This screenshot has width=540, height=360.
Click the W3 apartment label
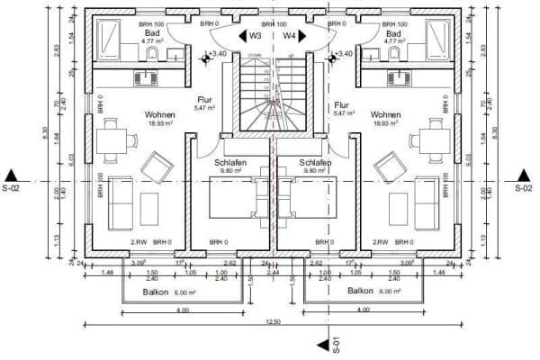[256, 36]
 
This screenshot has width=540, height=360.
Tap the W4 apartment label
[289, 36]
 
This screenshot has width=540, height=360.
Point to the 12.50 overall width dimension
[271, 322]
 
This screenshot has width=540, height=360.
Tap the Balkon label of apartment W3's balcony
[158, 292]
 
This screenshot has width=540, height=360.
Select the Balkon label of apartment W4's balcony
[361, 292]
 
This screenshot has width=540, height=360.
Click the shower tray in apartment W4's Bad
[438, 38]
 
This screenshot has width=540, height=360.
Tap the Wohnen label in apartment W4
[385, 115]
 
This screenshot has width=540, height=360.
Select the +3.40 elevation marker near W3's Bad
[216, 54]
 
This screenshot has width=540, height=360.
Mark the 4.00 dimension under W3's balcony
[183, 310]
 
